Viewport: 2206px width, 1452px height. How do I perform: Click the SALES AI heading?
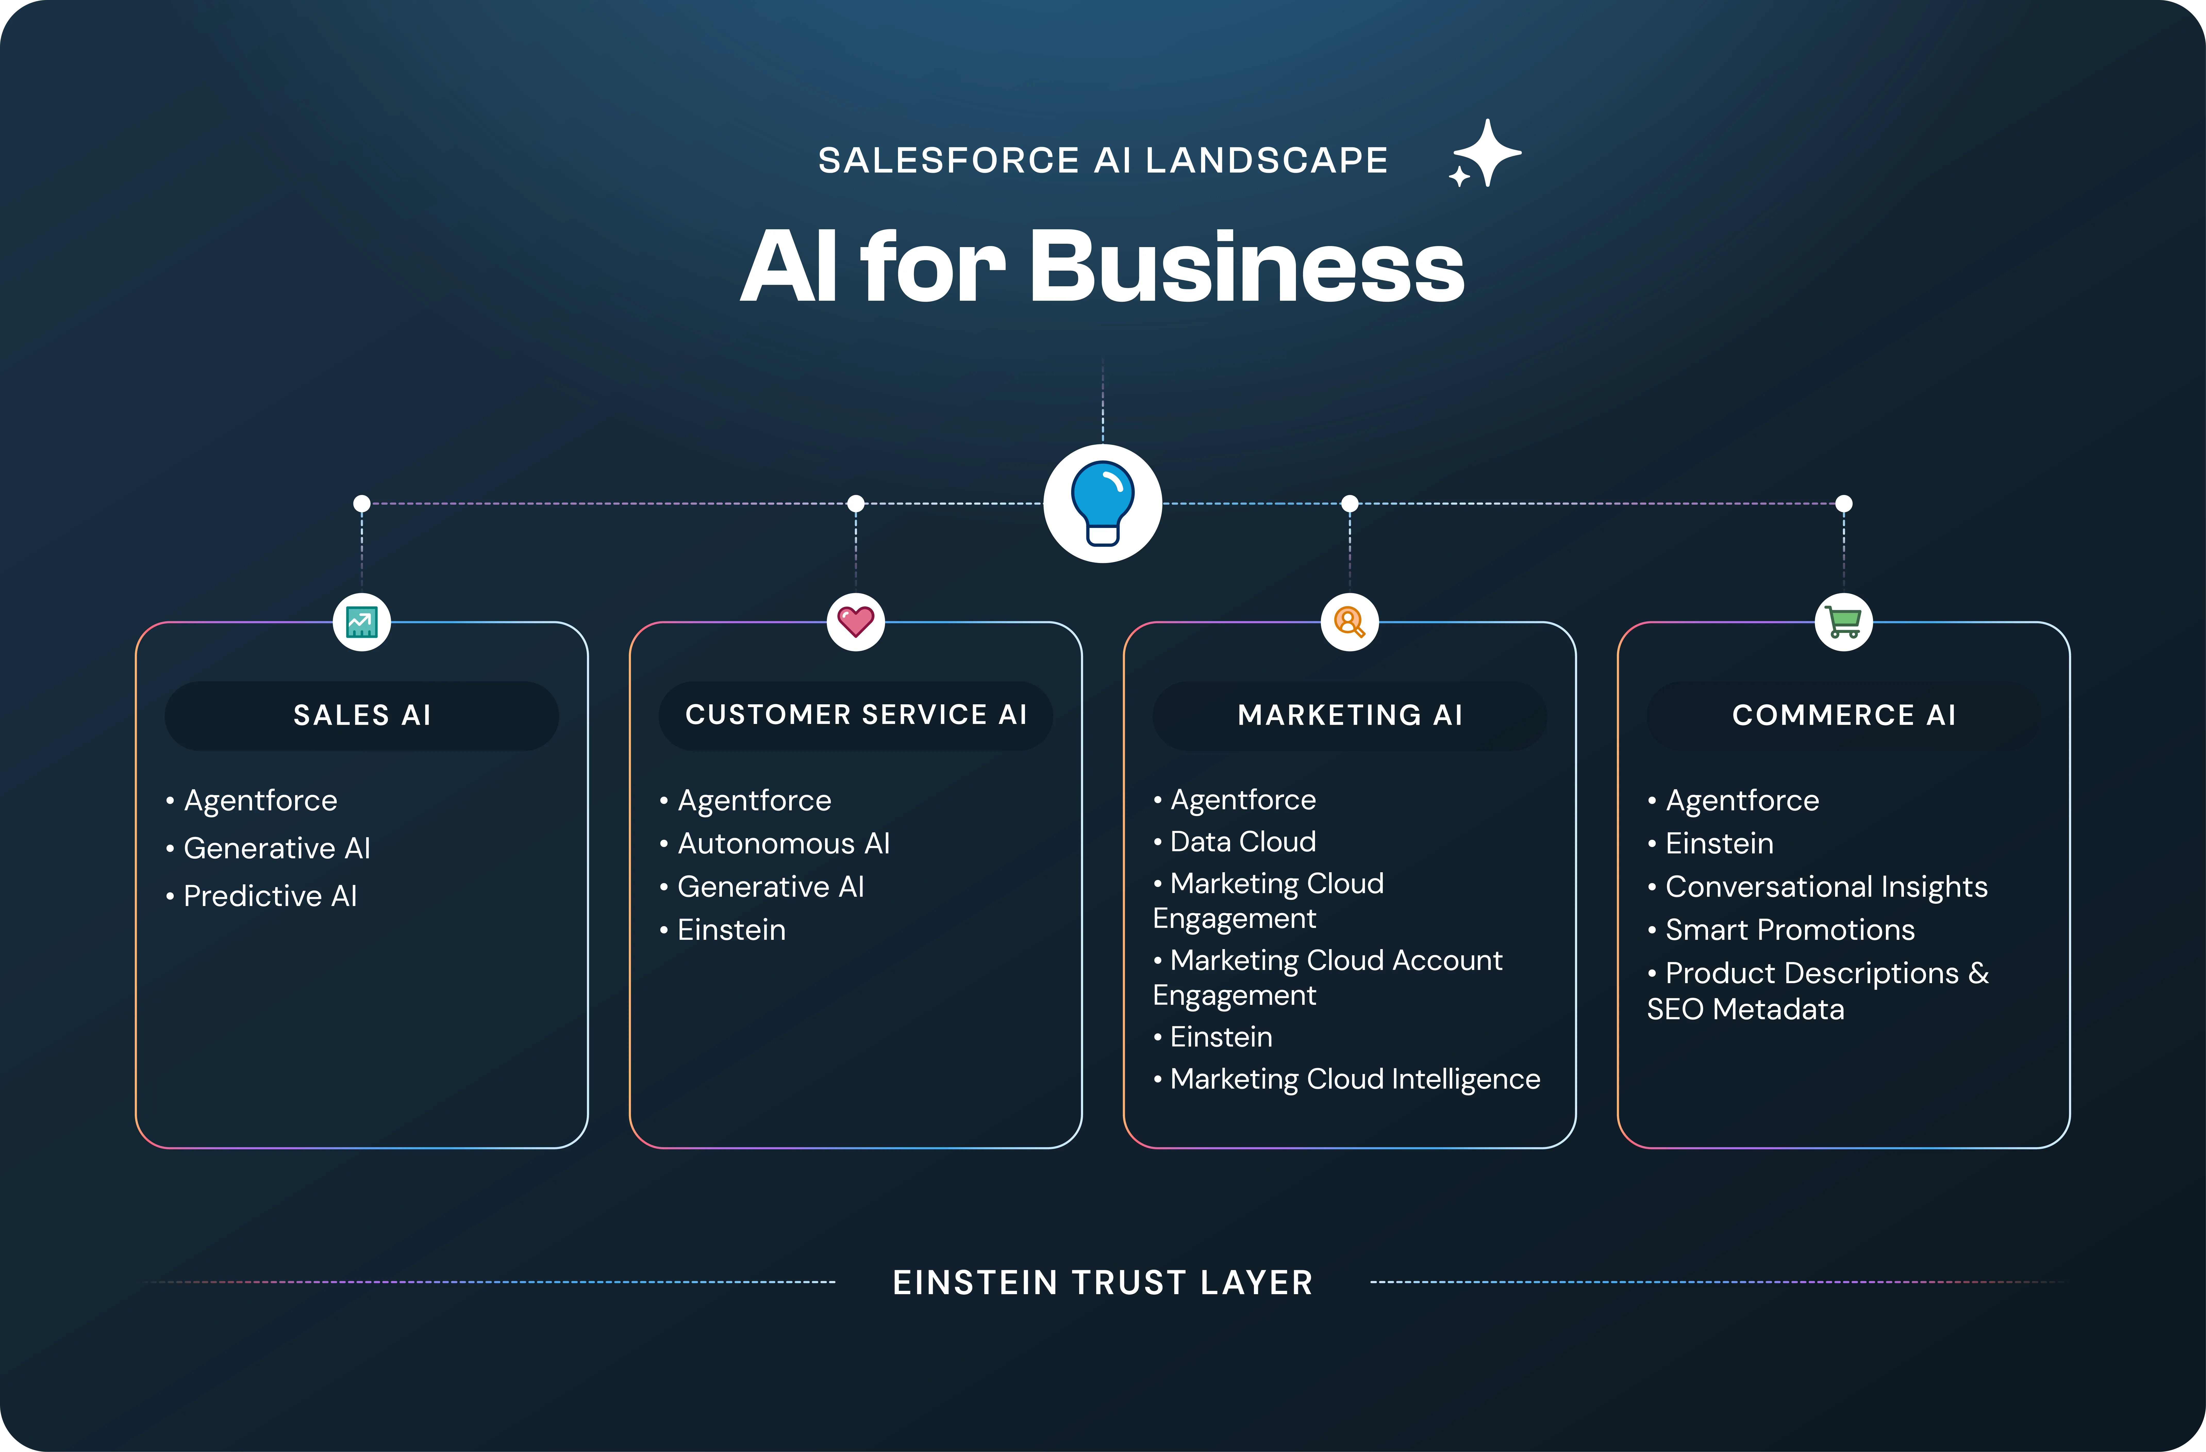pos(362,715)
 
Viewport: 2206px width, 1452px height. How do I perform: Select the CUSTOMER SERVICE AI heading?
pos(855,715)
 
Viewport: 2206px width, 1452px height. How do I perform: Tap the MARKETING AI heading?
pos(1350,715)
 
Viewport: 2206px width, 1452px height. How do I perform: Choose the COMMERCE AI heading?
pos(1844,715)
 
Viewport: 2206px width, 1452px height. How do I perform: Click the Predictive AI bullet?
pos(270,896)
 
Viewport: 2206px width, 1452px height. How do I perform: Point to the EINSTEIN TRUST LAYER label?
pos(1102,1282)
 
